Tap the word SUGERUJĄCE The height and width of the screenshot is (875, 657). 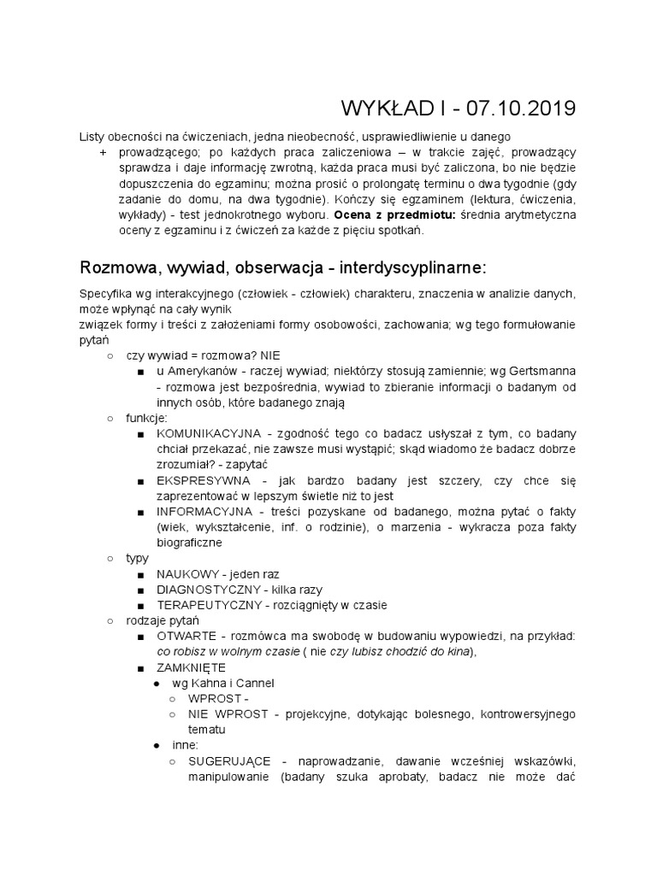point(228,761)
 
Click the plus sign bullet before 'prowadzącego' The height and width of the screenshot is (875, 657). point(103,151)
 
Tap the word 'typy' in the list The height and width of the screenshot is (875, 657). point(137,558)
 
